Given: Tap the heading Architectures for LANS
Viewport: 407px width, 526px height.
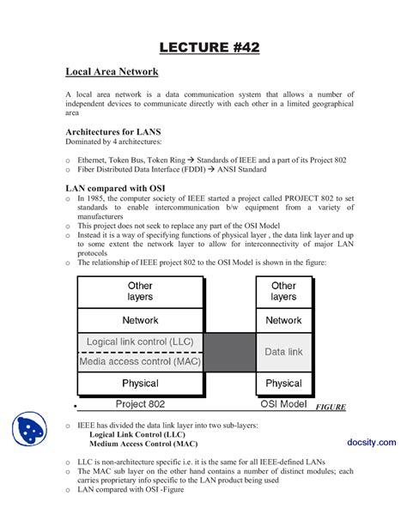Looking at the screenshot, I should point(113,133).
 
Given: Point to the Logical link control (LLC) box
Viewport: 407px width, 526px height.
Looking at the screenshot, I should point(140,342).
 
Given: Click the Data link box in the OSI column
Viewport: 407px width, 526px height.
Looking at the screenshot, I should point(283,352).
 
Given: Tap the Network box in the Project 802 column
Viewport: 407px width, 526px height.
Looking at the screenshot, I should point(140,320).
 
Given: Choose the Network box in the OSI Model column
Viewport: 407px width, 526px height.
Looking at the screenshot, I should point(283,320).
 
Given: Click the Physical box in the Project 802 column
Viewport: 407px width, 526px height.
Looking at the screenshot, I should point(140,384).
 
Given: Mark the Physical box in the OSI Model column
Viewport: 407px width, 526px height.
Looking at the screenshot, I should point(283,384).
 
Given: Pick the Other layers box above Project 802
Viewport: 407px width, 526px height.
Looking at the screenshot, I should point(140,292).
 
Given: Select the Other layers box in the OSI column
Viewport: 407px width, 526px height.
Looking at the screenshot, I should point(283,292).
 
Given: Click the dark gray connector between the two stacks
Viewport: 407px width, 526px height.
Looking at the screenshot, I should point(229,352).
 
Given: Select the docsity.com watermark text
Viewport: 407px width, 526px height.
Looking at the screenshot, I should point(371,441).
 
